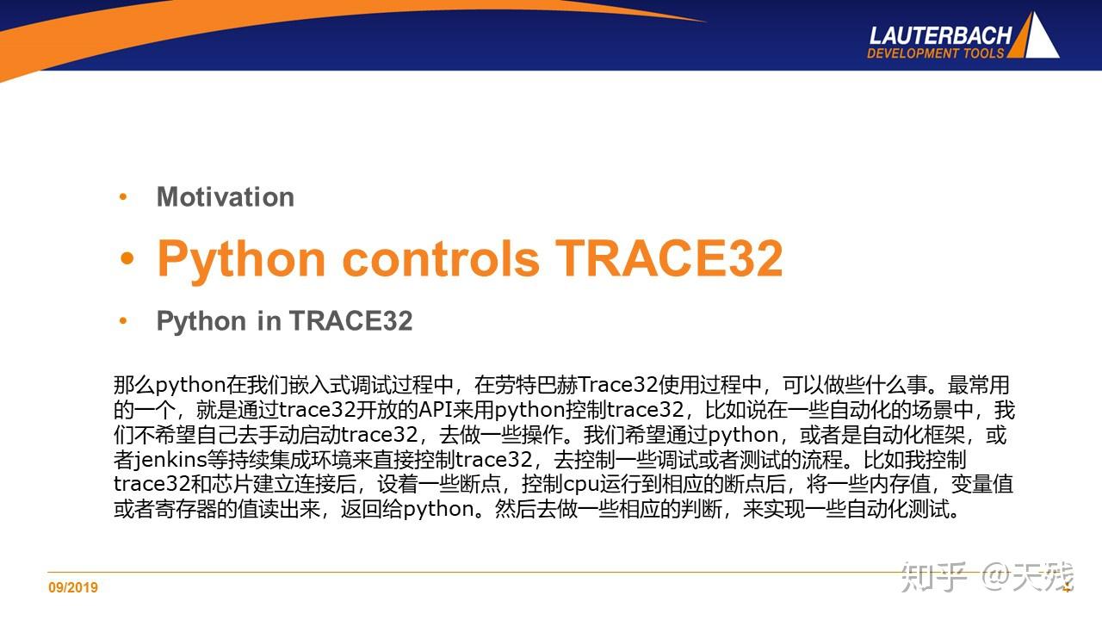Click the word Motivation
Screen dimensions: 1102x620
[226, 197]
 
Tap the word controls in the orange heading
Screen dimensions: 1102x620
[441, 258]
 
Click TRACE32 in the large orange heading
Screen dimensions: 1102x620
[669, 258]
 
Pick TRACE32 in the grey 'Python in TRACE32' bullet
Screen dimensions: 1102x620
[350, 321]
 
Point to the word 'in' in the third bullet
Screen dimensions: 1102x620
[269, 321]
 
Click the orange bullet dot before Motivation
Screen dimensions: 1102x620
[123, 197]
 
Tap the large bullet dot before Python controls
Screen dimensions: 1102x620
[127, 258]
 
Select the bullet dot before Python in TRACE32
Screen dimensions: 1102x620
[123, 321]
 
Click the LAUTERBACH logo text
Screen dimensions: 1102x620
[940, 36]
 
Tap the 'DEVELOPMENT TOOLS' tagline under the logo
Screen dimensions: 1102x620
[935, 53]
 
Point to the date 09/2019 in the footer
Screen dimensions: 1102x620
[73, 587]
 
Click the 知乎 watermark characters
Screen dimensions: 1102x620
[933, 576]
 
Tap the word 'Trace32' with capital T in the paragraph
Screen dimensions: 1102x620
[618, 385]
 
